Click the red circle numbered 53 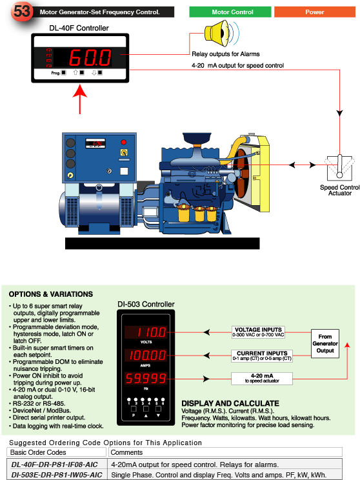tap(21, 11)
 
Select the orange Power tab tap(315, 12)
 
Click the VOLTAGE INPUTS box tap(258, 332)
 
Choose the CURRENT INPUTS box tap(262, 355)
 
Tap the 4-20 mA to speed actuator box tap(262, 378)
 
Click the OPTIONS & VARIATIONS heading tap(51, 294)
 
